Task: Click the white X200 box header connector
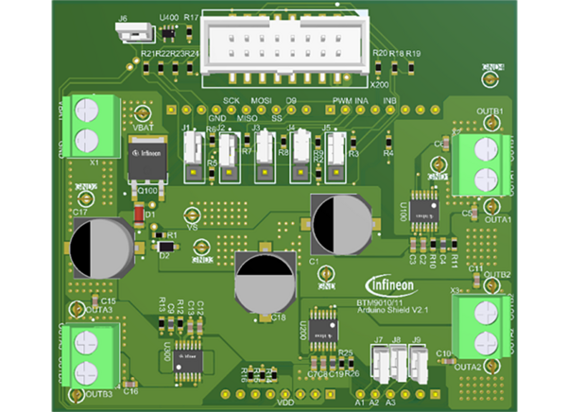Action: pyautogui.click(x=288, y=43)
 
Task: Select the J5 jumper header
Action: pyautogui.click(x=335, y=147)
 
